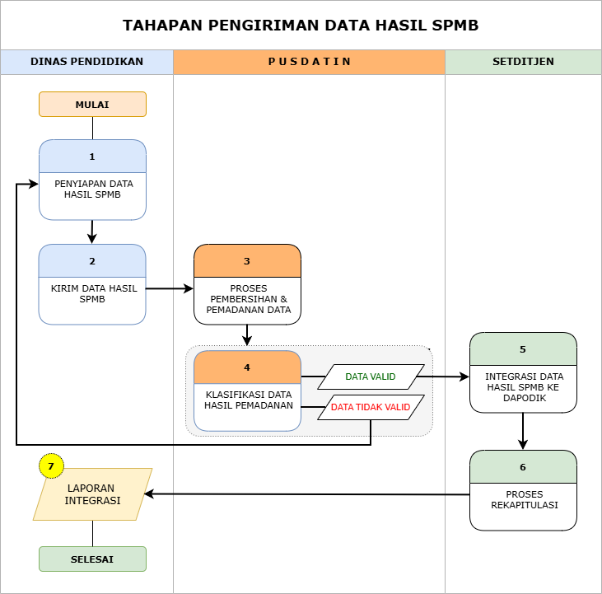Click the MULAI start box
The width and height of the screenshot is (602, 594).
point(92,104)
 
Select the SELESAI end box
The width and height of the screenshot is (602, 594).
point(92,559)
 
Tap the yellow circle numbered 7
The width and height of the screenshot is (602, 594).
point(51,466)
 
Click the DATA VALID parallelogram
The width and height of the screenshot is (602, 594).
point(371,377)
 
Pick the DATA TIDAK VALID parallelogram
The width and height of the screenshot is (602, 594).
point(371,407)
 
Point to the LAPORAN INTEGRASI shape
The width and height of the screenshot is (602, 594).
point(92,494)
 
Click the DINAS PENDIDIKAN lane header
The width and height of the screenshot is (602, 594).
point(86,62)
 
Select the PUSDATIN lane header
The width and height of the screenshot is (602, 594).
point(309,62)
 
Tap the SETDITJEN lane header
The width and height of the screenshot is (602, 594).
point(523,62)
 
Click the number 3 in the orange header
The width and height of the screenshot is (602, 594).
point(247,261)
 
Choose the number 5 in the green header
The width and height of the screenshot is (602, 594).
point(522,349)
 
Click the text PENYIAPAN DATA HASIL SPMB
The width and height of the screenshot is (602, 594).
point(93,189)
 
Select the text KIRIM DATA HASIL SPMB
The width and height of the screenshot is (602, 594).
point(93,294)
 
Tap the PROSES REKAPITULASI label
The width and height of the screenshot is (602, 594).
point(524,499)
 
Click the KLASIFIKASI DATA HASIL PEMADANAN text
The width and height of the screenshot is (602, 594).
point(249,400)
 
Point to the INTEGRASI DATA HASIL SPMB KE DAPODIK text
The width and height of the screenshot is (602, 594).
point(524,387)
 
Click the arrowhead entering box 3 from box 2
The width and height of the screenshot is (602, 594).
point(188,288)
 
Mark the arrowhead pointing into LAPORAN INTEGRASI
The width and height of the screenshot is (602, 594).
point(149,494)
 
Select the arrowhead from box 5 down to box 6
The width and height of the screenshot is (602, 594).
point(522,445)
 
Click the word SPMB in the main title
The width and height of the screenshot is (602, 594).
point(455,26)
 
